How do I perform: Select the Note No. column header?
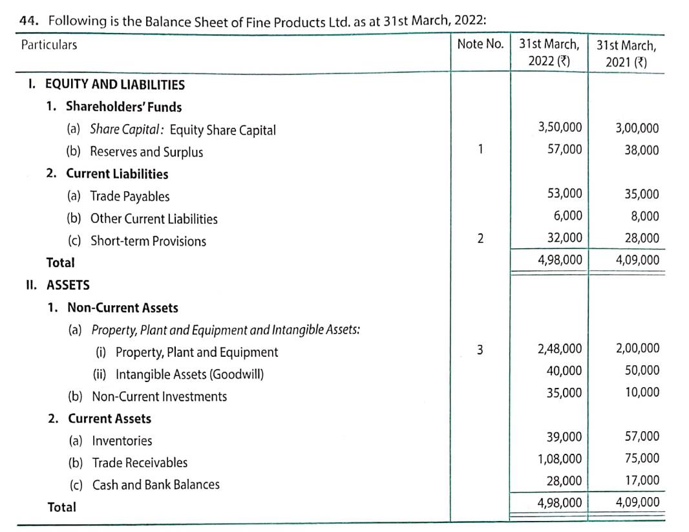[x=480, y=45]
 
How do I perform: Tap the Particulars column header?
[x=49, y=45]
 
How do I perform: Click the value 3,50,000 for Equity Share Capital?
[x=560, y=127]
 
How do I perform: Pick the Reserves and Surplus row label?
[x=146, y=152]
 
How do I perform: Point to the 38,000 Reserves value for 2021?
[x=642, y=150]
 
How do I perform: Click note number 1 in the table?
[x=480, y=149]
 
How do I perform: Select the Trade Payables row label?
[x=129, y=197]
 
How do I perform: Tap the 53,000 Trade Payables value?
[x=564, y=193]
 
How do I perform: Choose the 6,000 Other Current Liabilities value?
[x=568, y=215]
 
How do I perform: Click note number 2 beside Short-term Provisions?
[x=480, y=238]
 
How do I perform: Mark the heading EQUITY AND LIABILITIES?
[x=114, y=85]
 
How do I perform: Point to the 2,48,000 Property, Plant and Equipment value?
[x=560, y=349]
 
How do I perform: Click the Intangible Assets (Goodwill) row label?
[x=189, y=374]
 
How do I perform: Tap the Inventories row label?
[x=122, y=441]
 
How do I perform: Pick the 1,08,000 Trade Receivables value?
[x=560, y=459]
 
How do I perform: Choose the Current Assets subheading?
[x=109, y=418]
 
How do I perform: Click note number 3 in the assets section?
[x=480, y=350]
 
